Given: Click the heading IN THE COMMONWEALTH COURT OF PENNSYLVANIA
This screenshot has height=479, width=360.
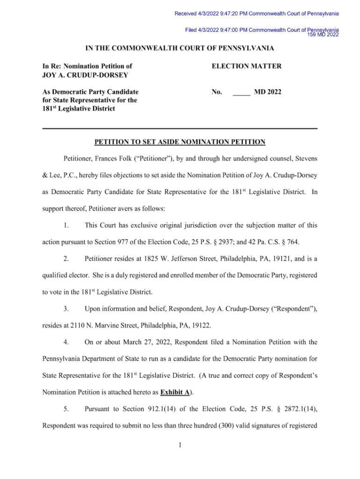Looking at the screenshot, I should [x=180, y=49].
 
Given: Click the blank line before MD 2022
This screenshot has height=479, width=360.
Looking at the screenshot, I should [x=241, y=93].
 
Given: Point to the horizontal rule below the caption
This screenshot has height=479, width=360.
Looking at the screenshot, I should [x=180, y=128].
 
